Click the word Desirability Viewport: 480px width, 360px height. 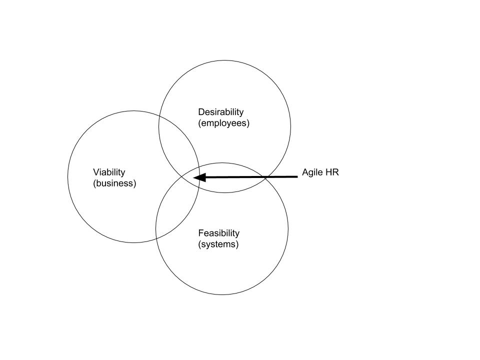pos(220,112)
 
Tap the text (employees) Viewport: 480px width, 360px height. pos(223,123)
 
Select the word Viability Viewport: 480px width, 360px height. pos(109,172)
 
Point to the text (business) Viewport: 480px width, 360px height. pos(114,183)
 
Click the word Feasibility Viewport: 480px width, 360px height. pos(218,233)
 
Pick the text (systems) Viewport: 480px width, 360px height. pos(218,244)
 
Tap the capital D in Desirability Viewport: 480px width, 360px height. pos(201,112)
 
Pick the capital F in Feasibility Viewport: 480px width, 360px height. pos(201,233)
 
